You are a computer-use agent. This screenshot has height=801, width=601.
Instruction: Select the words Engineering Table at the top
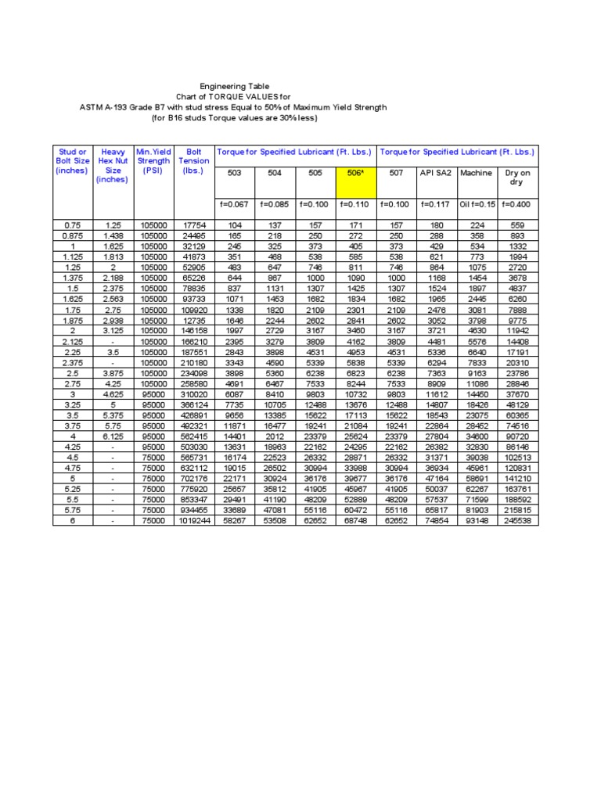[235, 86]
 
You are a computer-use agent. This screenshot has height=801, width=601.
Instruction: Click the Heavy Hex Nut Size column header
[113, 165]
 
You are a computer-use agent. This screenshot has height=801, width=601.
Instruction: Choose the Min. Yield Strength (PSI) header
[153, 161]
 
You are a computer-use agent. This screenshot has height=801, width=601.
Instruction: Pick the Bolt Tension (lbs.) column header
[193, 161]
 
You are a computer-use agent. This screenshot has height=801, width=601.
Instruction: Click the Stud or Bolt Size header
[73, 161]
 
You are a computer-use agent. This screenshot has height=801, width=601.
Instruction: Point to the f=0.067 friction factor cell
[233, 205]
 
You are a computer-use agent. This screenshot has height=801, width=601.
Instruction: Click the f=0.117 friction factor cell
[436, 205]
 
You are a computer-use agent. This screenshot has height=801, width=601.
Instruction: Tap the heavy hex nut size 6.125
[113, 436]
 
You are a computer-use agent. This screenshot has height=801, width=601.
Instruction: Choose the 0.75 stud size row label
[73, 225]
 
